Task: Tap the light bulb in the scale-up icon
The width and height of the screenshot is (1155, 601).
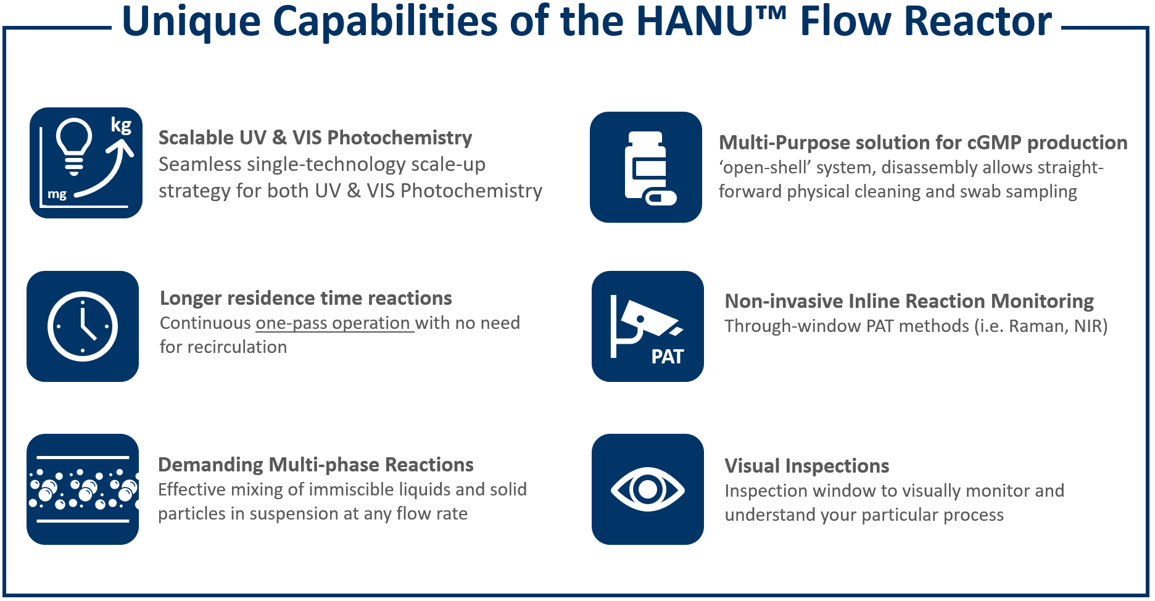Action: (x=74, y=146)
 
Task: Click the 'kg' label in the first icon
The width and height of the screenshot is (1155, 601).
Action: (x=121, y=125)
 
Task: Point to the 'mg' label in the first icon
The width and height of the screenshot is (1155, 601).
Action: (x=57, y=194)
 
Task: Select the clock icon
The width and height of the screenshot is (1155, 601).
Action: (x=83, y=326)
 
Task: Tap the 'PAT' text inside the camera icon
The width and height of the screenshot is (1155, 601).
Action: (x=667, y=357)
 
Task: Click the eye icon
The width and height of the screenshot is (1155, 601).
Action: (x=648, y=489)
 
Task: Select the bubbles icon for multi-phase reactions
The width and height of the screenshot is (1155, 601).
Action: (x=83, y=489)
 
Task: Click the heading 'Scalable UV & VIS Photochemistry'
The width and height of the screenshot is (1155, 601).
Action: (x=315, y=138)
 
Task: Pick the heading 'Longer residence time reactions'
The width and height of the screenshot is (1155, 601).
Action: (x=306, y=298)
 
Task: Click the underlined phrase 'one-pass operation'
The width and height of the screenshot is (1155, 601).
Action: (x=333, y=323)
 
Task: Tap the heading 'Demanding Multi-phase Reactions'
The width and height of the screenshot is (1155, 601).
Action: (x=316, y=465)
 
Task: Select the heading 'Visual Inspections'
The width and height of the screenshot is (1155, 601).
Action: (x=807, y=466)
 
